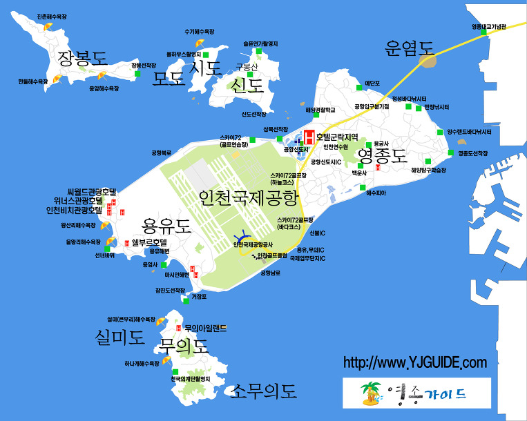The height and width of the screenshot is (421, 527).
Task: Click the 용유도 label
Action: [x=166, y=226]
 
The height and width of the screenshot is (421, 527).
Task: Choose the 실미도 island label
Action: [x=120, y=337]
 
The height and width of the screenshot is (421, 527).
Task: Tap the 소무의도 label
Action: [x=265, y=392]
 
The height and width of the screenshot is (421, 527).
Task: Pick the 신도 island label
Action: [x=248, y=86]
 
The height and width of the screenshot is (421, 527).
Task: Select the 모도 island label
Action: [x=169, y=79]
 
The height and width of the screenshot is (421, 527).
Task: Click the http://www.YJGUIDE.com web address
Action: [x=415, y=362]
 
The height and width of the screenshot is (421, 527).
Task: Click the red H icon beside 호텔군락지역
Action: [x=309, y=136]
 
